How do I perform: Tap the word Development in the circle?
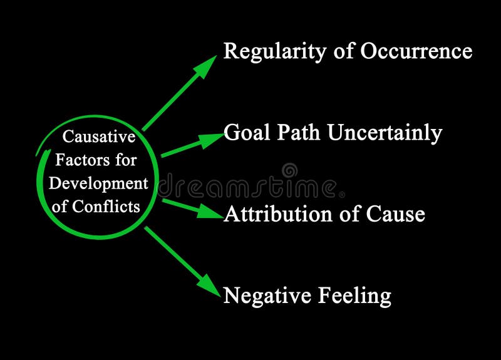[98, 184]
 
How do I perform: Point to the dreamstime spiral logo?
[289, 170]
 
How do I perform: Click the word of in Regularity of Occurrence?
[344, 51]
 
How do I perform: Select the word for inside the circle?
[125, 161]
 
